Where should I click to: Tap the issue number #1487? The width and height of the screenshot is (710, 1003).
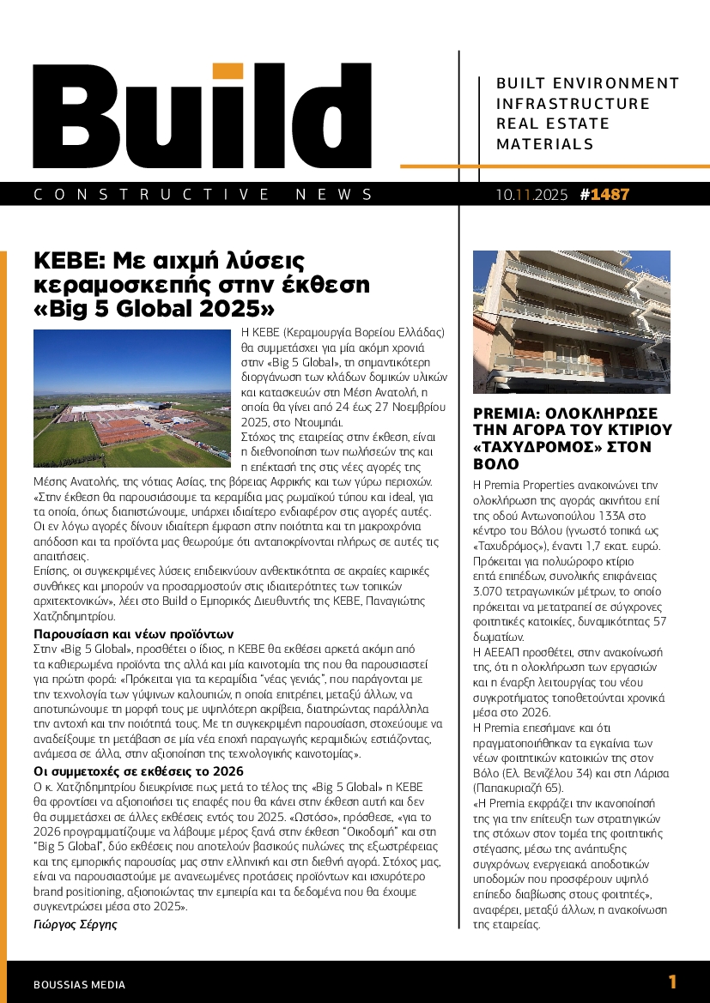click(605, 195)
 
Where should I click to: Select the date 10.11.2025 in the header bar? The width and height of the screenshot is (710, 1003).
click(531, 195)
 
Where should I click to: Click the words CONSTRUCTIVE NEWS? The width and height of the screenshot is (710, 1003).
click(203, 195)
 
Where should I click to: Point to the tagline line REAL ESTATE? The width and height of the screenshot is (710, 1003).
click(553, 124)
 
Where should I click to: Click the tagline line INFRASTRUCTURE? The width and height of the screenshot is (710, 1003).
click(573, 104)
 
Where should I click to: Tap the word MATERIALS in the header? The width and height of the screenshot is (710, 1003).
click(539, 144)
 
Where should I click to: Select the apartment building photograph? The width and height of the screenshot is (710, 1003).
click(574, 323)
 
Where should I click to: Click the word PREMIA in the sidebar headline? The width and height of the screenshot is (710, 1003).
click(508, 412)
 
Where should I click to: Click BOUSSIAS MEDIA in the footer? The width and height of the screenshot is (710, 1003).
click(79, 985)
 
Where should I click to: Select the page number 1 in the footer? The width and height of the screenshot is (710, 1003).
click(673, 982)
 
